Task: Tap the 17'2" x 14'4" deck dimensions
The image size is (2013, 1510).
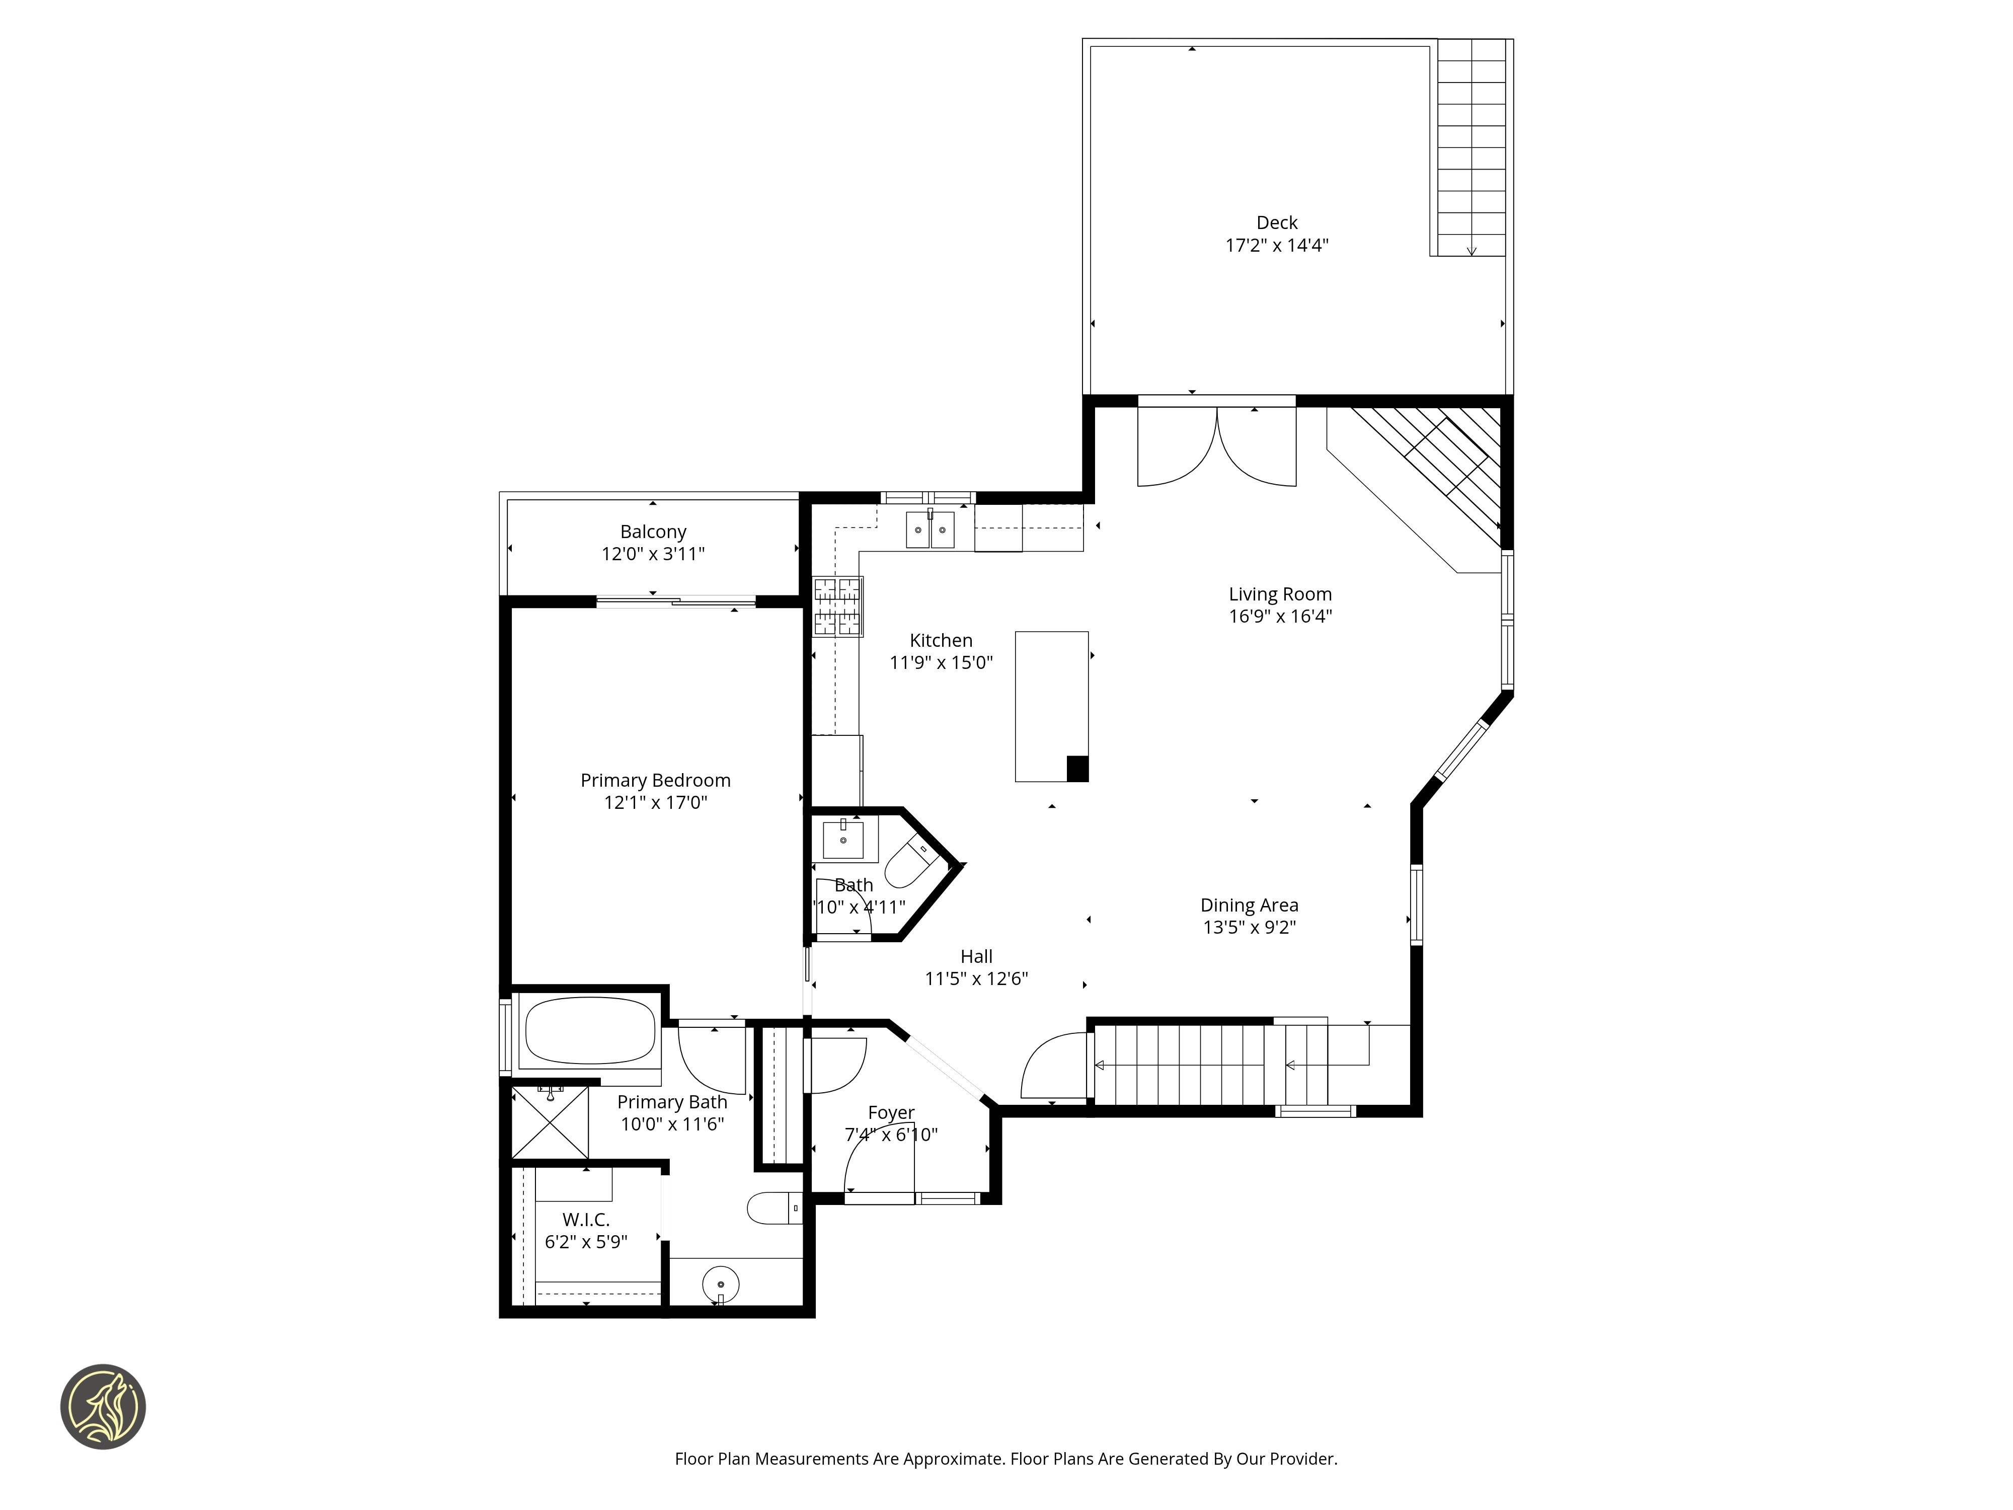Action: (x=1277, y=245)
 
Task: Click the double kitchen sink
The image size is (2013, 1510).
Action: (x=930, y=530)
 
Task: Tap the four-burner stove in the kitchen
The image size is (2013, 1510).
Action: (x=837, y=606)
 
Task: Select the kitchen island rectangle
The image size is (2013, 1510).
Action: (x=1052, y=706)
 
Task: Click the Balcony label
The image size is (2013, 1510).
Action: (x=653, y=532)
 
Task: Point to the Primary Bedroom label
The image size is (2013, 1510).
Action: (x=655, y=780)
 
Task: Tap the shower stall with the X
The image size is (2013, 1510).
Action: (x=550, y=1122)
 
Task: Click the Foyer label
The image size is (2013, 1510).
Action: (x=891, y=1112)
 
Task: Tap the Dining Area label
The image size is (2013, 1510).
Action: (x=1250, y=904)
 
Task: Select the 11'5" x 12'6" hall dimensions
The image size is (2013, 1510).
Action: (x=976, y=978)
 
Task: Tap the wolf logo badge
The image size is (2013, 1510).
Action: (x=103, y=1406)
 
